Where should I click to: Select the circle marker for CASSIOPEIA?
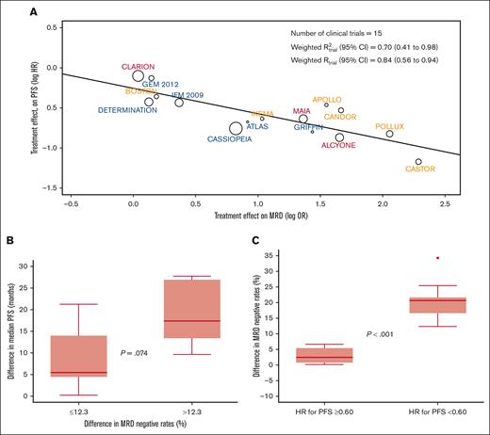pyautogui.click(x=236, y=128)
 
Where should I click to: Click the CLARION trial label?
pyautogui.click(x=139, y=66)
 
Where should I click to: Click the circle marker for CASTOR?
pyautogui.click(x=418, y=162)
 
